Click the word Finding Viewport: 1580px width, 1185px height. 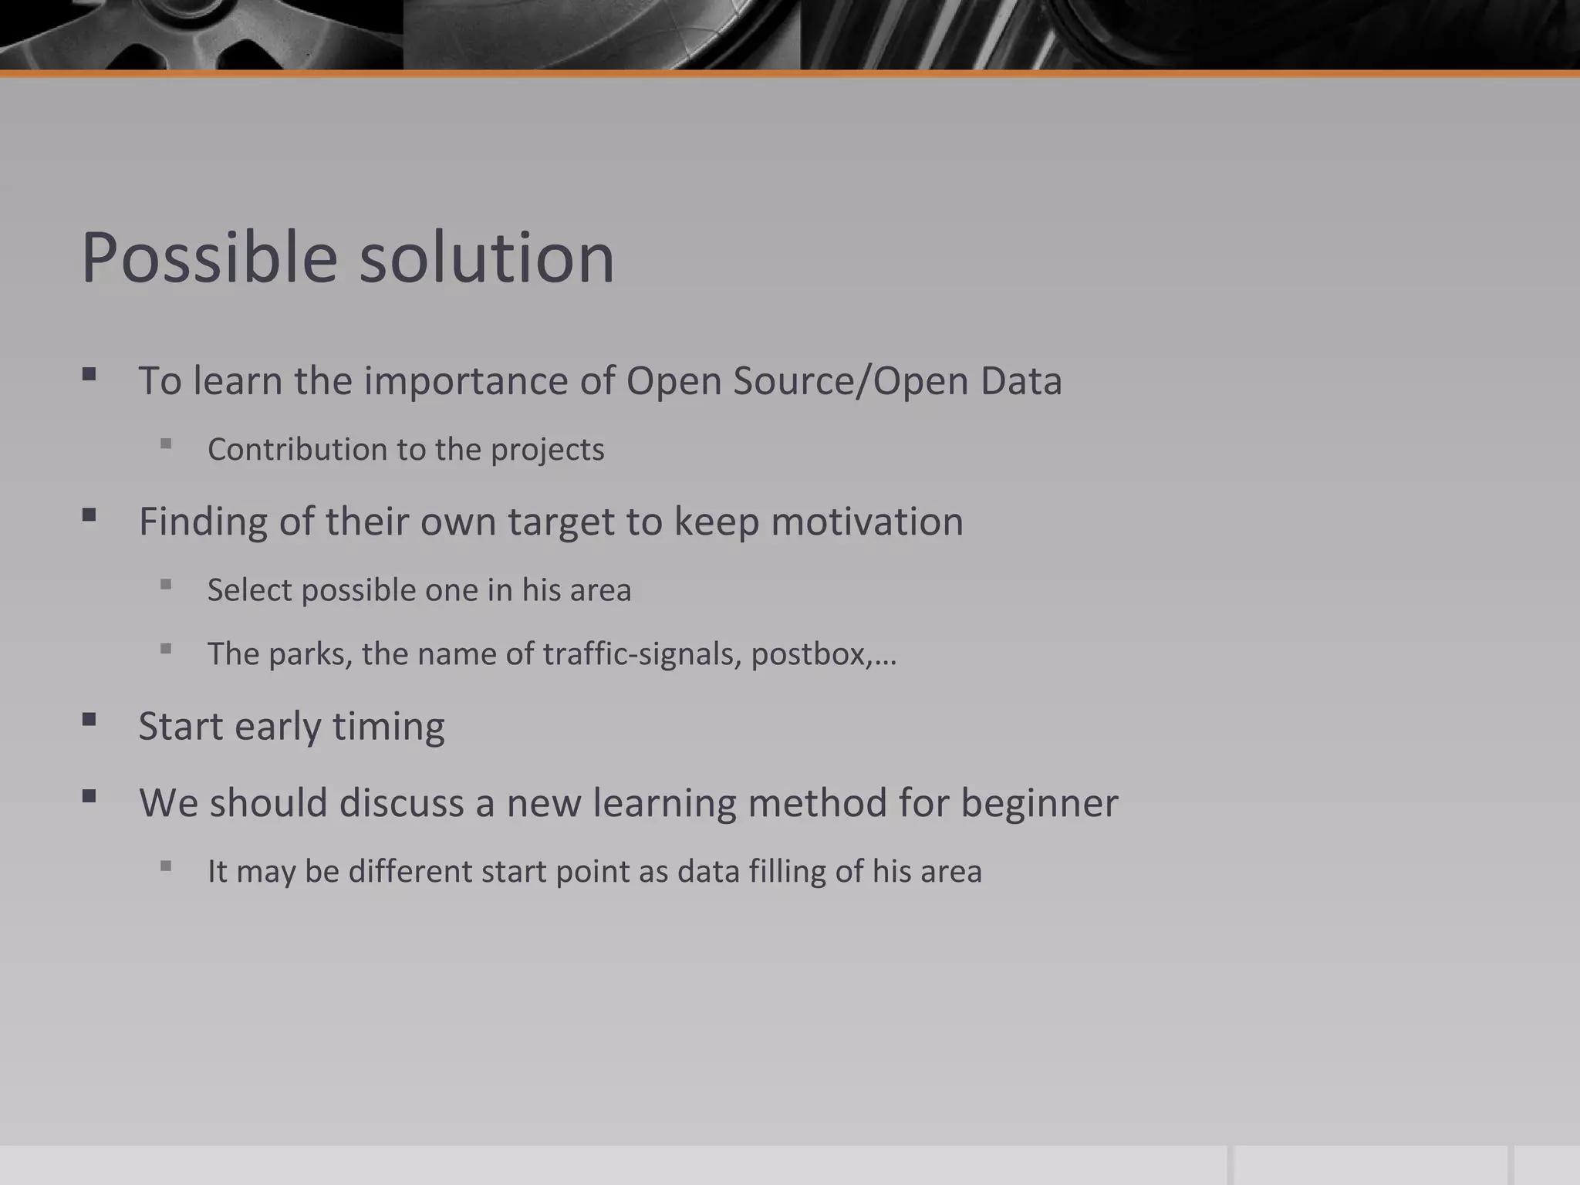(203, 522)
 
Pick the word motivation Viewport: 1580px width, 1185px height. (867, 522)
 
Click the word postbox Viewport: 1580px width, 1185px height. (811, 654)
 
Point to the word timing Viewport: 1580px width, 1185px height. (388, 726)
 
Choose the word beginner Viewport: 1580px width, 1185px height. (1039, 803)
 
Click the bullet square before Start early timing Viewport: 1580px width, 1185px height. (89, 720)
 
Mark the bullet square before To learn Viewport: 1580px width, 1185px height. (89, 375)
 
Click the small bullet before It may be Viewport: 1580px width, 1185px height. (166, 866)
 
